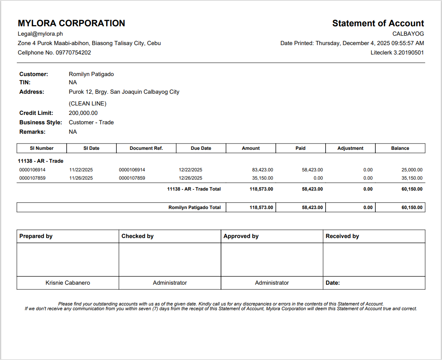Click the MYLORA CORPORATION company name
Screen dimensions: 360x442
coord(71,24)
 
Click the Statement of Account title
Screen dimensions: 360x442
coord(378,24)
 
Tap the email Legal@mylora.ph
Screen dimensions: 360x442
coord(40,34)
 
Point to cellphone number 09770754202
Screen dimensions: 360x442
coord(73,53)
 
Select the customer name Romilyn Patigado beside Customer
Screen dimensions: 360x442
coord(91,74)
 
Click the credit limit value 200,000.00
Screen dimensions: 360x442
coord(83,113)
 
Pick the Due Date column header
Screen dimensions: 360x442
coord(201,148)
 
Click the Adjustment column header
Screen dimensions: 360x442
coord(350,148)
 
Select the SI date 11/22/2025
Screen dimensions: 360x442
coord(81,170)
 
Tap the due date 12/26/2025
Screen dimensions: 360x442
coord(190,178)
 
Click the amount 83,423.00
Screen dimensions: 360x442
coord(263,170)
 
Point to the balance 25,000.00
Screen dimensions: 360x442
coord(412,170)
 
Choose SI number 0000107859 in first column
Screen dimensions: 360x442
coord(32,178)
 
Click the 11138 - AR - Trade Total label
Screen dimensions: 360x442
coord(194,189)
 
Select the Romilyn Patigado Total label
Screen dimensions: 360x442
coord(194,207)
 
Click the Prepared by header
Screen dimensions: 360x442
coord(36,236)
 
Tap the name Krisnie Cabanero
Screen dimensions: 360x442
coord(68,283)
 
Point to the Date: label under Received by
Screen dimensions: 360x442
coord(333,283)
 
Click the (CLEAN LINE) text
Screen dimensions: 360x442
coord(87,104)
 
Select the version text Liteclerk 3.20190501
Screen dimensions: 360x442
coord(397,53)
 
